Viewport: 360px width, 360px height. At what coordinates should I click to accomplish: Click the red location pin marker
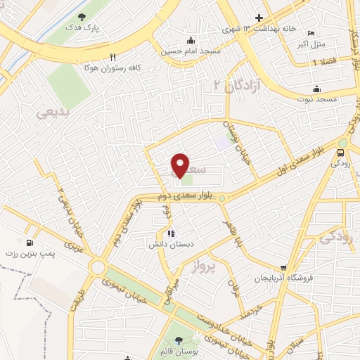pyautogui.click(x=180, y=165)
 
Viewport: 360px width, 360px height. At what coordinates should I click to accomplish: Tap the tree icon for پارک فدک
pyautogui.click(x=82, y=17)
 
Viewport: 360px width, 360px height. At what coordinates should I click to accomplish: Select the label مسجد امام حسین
pyautogui.click(x=191, y=51)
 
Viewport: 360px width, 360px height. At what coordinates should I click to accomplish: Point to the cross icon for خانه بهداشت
pyautogui.click(x=259, y=18)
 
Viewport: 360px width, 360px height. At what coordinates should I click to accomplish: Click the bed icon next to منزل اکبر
pyautogui.click(x=312, y=34)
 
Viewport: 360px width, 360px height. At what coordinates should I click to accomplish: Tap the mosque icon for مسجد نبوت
pyautogui.click(x=316, y=89)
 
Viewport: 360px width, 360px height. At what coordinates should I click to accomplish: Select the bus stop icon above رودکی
pyautogui.click(x=342, y=152)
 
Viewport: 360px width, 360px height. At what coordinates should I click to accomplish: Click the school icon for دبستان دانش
pyautogui.click(x=169, y=233)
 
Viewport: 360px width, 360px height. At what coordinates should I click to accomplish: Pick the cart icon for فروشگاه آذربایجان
pyautogui.click(x=283, y=268)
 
